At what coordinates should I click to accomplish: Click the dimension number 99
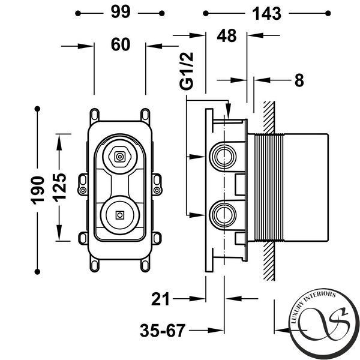tap(121, 12)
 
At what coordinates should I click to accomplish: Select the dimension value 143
tap(266, 14)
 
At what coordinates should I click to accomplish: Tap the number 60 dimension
tap(121, 44)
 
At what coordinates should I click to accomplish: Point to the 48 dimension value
tap(227, 36)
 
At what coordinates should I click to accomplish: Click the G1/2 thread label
tap(187, 71)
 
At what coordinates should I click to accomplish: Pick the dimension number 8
tap(299, 80)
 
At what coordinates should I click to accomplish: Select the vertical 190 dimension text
tap(37, 190)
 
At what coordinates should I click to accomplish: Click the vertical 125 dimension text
tap(60, 188)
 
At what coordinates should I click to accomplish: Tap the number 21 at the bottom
tap(160, 299)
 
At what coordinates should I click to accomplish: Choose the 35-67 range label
tap(163, 331)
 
